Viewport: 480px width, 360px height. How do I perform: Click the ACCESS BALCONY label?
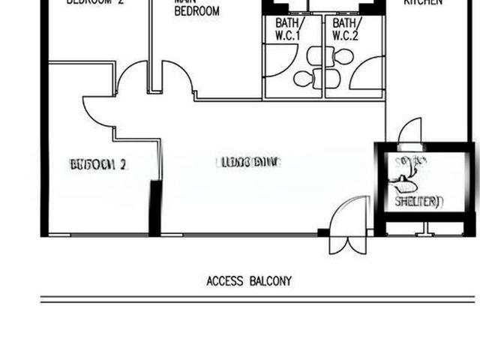point(249,282)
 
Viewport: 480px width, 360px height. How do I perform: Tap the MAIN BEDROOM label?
point(196,7)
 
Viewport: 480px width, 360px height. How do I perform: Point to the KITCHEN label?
point(423,3)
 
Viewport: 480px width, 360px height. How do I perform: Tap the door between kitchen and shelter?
point(409,132)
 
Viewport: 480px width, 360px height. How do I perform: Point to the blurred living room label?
point(247,162)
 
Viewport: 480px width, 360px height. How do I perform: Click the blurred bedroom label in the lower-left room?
point(97,163)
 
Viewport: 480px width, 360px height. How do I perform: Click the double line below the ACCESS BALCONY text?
point(255,299)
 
